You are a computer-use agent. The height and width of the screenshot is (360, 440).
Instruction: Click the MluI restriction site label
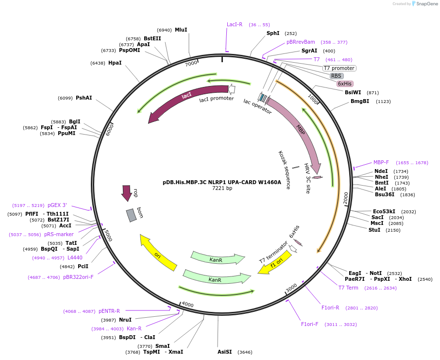point(181,30)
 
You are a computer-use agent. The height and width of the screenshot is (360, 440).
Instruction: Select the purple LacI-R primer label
point(235,24)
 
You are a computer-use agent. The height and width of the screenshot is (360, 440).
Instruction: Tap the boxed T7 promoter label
point(339,68)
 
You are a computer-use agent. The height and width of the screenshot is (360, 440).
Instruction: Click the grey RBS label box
point(337,76)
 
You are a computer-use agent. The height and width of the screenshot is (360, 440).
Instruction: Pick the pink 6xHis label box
point(345,84)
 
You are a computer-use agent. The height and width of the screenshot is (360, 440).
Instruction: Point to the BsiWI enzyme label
point(353,92)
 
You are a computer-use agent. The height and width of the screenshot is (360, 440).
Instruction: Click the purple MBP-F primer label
point(381,162)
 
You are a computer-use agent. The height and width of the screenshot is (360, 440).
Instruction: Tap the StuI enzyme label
point(374,230)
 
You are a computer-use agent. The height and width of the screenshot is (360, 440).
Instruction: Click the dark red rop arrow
point(127,193)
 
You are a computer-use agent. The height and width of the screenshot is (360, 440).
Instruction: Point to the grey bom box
point(131,215)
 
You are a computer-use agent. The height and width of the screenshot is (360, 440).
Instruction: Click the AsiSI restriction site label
point(225,352)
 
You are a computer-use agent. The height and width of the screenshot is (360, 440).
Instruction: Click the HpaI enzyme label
point(115,63)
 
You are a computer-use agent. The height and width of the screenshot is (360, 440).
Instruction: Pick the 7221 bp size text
point(222,189)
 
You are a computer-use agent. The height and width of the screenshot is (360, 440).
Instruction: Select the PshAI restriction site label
point(84,98)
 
